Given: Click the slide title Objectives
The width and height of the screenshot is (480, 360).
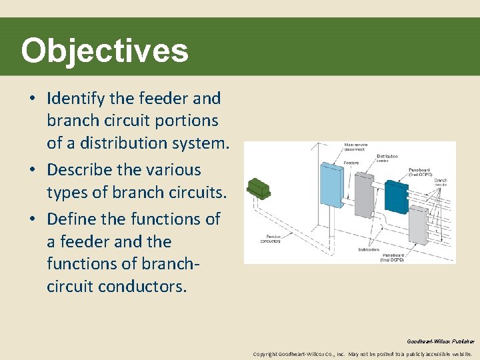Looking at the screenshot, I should [105, 51].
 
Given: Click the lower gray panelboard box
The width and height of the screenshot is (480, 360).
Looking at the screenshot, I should [418, 225].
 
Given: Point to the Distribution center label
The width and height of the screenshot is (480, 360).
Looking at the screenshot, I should [387, 158].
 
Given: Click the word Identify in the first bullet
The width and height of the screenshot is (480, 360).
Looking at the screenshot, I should [76, 99].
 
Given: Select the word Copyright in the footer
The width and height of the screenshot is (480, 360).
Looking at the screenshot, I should [265, 354].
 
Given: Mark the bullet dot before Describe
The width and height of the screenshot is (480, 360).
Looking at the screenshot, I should [33, 171].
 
